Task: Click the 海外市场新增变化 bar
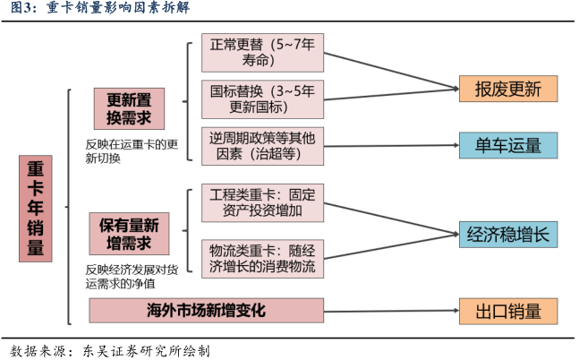(x=207, y=311)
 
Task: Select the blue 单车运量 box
(x=508, y=145)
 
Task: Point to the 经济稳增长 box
(x=508, y=235)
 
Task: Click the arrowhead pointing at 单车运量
(x=454, y=145)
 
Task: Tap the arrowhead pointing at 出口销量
(x=454, y=311)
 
